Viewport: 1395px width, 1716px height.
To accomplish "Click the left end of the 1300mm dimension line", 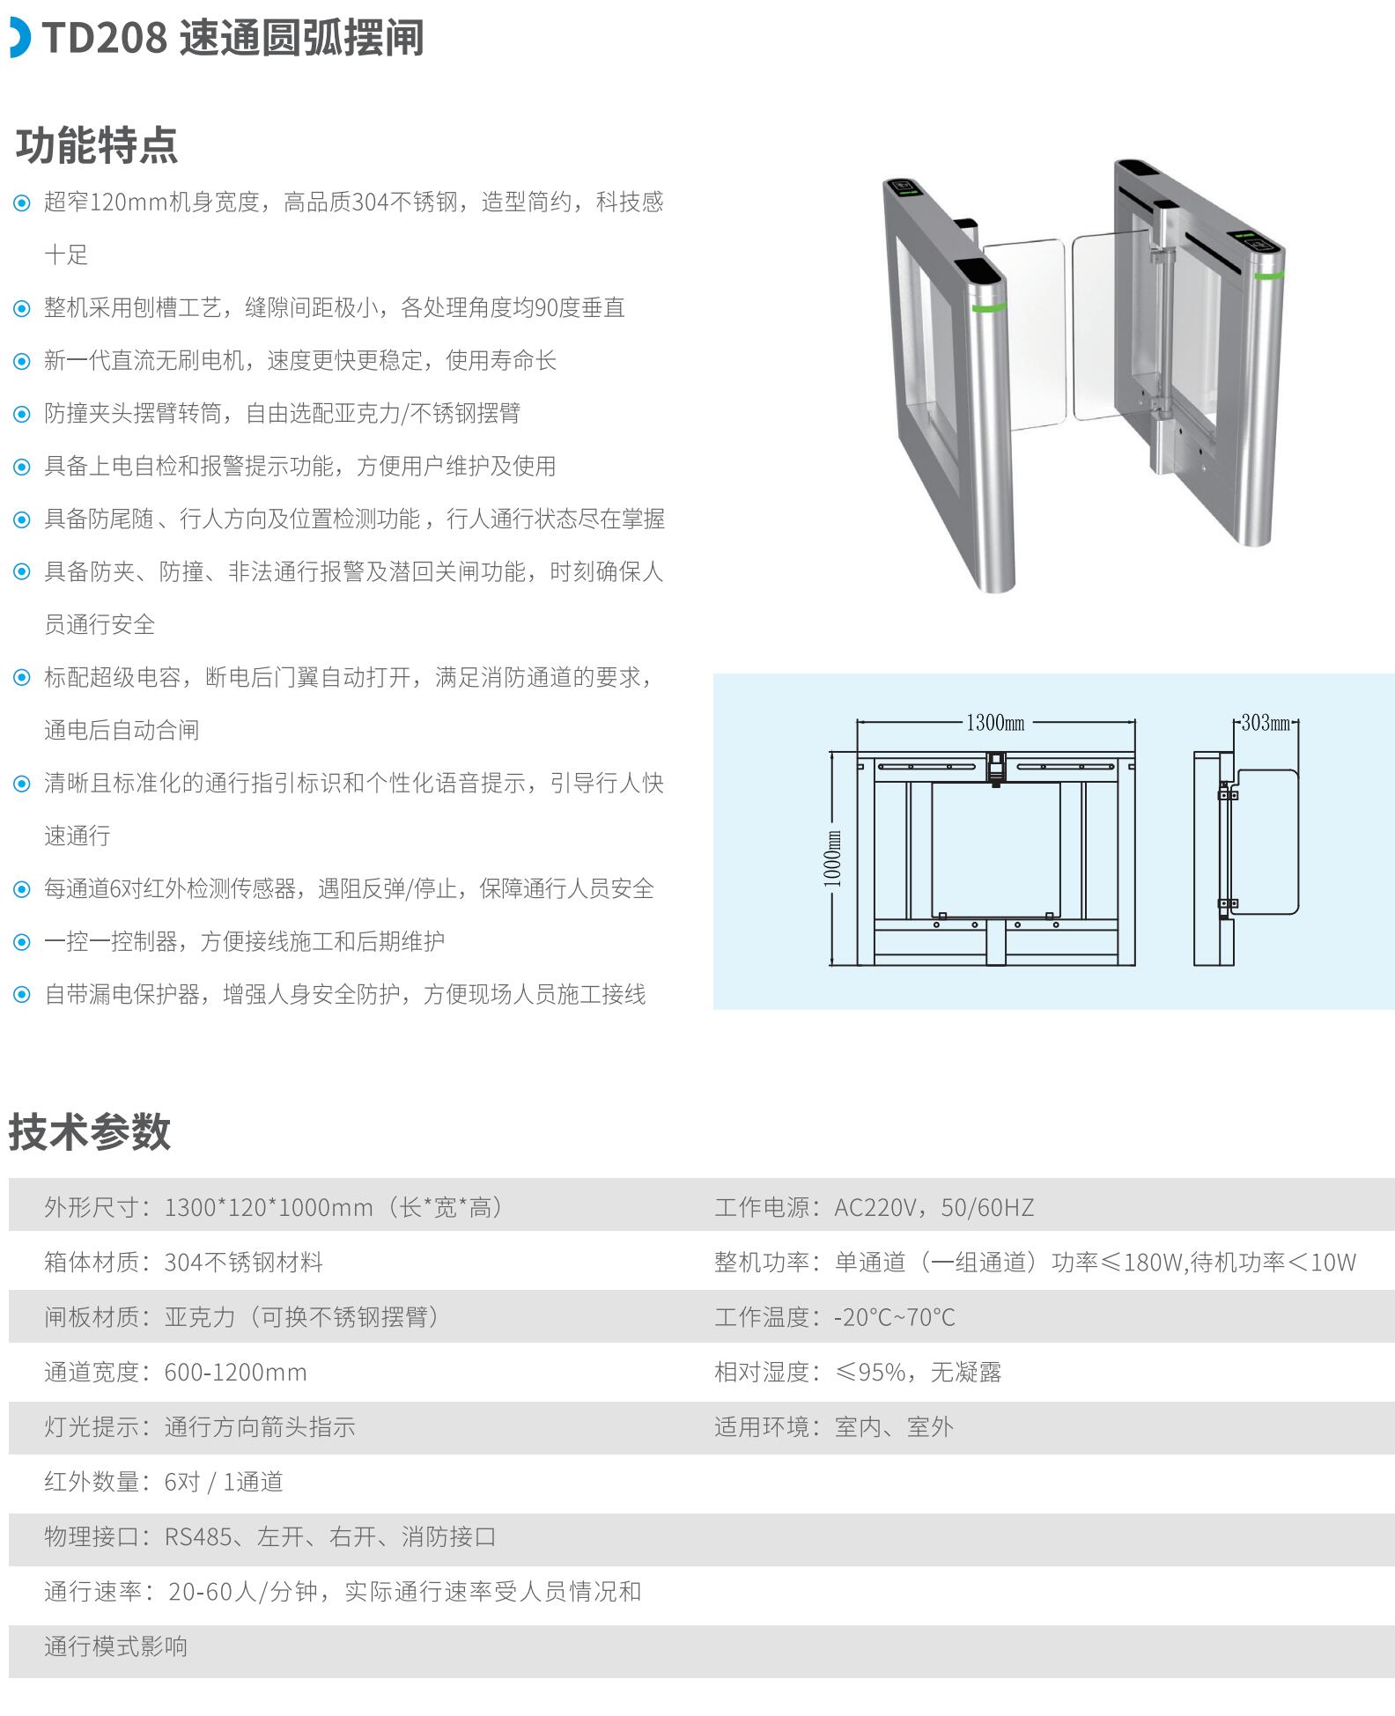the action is tap(858, 723).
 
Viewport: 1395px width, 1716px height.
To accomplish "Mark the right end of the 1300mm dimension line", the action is tap(1135, 723).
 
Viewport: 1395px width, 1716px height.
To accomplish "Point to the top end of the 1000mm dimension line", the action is tap(832, 752).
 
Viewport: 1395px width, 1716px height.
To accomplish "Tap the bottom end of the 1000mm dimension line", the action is tap(832, 965).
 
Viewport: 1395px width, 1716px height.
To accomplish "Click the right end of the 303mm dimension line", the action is tap(1298, 723).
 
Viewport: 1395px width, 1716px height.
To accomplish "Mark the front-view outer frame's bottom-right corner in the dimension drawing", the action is tap(1135, 965).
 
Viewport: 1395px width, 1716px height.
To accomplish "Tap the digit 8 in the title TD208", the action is tap(155, 39).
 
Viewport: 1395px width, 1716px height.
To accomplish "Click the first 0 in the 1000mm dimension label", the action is tap(832, 872).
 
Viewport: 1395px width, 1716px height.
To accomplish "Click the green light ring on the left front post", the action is tap(988, 307).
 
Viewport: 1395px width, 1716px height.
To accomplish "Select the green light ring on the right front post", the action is tap(1269, 276).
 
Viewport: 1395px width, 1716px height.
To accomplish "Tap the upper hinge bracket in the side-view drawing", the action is tap(1228, 795).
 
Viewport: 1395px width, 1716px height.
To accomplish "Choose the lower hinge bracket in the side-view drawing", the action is tap(1228, 903).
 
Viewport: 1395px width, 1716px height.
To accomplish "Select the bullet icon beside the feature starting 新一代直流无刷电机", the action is tap(22, 362).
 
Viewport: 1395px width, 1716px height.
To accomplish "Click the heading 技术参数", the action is tap(90, 1131).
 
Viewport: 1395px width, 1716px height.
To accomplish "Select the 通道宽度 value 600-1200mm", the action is tap(236, 1372).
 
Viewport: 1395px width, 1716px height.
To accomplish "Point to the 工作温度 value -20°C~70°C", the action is tap(895, 1317).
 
